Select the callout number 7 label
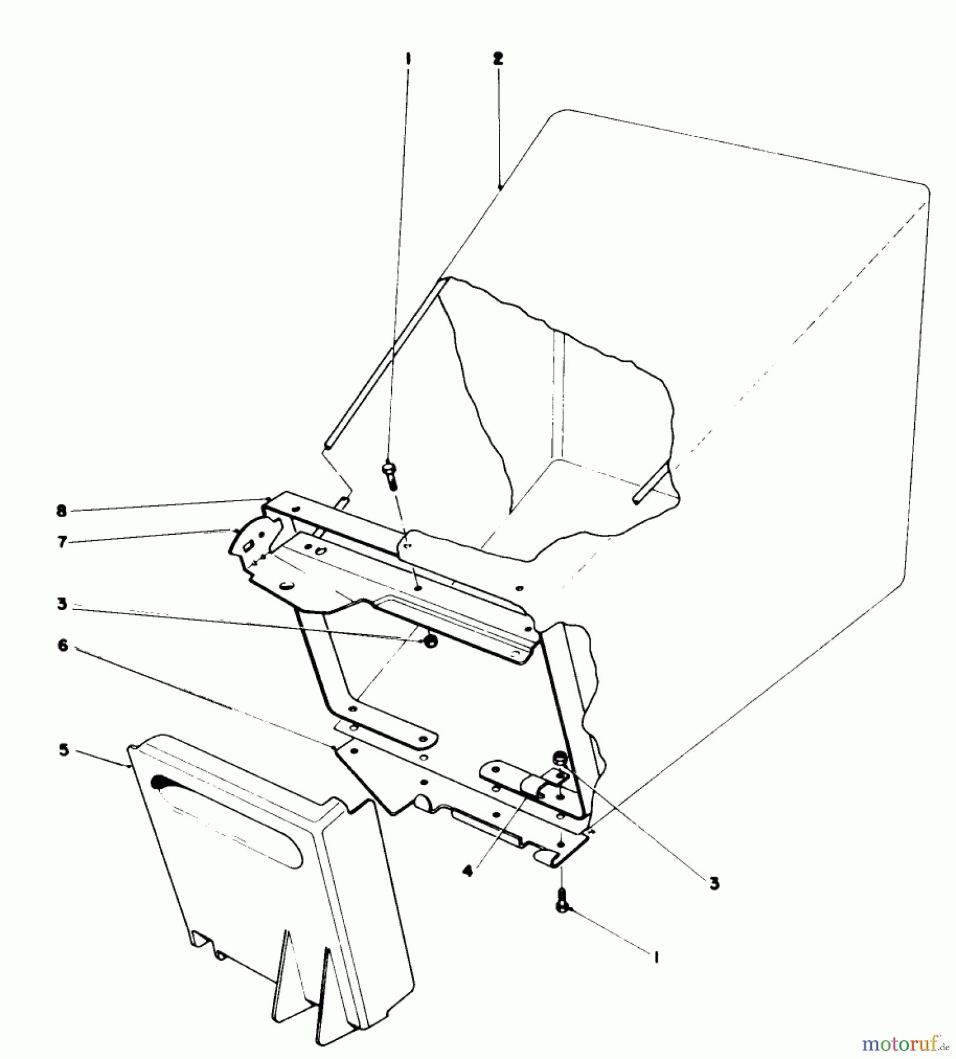tap(62, 542)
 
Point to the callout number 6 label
tap(62, 645)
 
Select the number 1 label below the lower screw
tap(655, 957)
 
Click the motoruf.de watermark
tap(905, 1044)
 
